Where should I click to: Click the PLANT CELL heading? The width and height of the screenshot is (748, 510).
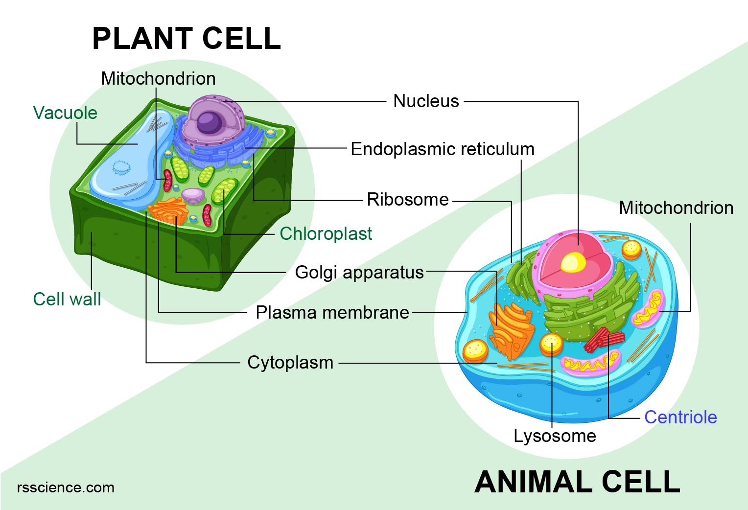pyautogui.click(x=186, y=39)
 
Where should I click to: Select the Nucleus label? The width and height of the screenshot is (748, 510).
pyautogui.click(x=426, y=101)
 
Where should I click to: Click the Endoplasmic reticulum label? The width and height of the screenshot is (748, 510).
pyautogui.click(x=443, y=149)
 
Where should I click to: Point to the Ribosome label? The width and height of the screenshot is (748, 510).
pyautogui.click(x=408, y=199)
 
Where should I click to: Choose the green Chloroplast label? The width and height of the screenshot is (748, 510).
pyautogui.click(x=326, y=233)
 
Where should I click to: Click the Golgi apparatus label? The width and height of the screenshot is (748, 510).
pyautogui.click(x=359, y=272)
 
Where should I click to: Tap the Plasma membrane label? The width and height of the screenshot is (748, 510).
pyautogui.click(x=332, y=312)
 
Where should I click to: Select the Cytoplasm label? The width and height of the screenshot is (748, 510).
pyautogui.click(x=290, y=363)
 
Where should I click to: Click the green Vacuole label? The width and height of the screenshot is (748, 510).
pyautogui.click(x=65, y=113)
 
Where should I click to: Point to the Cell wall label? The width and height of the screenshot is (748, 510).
pyautogui.click(x=67, y=299)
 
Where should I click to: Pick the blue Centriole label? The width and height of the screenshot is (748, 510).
pyautogui.click(x=680, y=417)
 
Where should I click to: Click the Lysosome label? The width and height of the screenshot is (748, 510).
pyautogui.click(x=555, y=436)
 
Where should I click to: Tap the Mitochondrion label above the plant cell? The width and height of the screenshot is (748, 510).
pyautogui.click(x=158, y=78)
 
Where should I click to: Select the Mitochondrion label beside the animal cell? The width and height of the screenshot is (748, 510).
pyautogui.click(x=676, y=208)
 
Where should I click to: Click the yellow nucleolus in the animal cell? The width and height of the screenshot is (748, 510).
pyautogui.click(x=573, y=263)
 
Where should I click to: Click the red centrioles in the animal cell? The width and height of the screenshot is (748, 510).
pyautogui.click(x=604, y=339)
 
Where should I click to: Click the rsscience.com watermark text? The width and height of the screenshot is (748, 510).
pyautogui.click(x=66, y=487)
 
